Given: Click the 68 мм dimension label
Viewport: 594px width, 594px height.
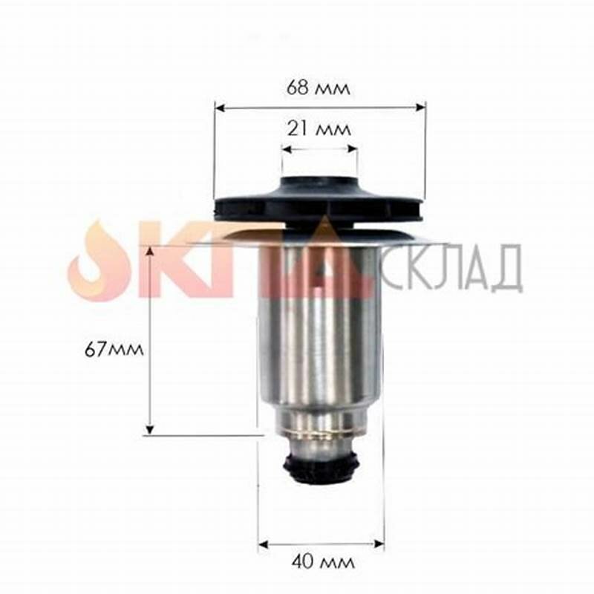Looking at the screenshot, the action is point(319,88).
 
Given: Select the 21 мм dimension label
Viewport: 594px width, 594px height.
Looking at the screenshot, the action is point(319,128).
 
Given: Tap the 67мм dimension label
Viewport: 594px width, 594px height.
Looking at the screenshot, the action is point(114,349).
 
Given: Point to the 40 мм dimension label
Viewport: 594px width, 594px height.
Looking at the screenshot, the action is point(323,562).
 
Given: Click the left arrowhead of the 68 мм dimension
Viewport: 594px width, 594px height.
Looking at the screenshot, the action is point(220,108).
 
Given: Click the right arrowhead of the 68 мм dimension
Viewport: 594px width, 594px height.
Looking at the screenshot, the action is point(421,108).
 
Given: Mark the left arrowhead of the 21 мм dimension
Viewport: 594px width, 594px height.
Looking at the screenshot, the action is point(287,149).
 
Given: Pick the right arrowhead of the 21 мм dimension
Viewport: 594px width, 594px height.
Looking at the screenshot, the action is point(352,148).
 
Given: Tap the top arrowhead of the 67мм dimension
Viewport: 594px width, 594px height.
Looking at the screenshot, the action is point(151,252).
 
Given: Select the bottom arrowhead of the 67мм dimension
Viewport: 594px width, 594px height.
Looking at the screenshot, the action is point(150,428).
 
